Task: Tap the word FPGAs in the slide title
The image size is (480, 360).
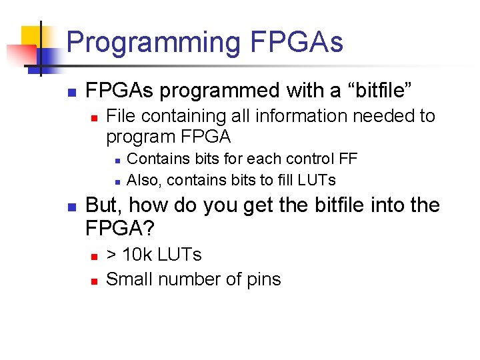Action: point(296,42)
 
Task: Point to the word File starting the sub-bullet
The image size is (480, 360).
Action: point(121,116)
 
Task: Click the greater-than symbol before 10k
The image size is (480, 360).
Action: point(112,255)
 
